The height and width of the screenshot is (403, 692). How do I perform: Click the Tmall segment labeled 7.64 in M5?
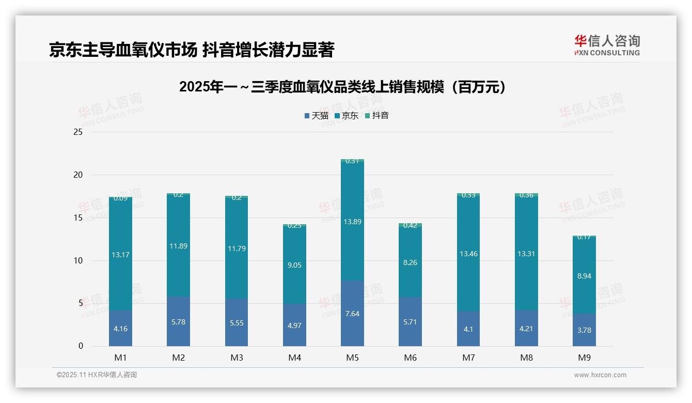pyautogui.click(x=352, y=314)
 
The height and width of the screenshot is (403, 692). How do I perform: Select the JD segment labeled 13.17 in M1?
pyautogui.click(x=120, y=254)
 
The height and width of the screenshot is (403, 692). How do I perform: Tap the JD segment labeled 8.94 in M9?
pyautogui.click(x=584, y=275)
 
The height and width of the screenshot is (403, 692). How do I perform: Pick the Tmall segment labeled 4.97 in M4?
pyautogui.click(x=294, y=325)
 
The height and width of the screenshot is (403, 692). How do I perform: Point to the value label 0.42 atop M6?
pyautogui.click(x=410, y=225)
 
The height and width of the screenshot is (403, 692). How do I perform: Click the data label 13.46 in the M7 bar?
pyautogui.click(x=468, y=253)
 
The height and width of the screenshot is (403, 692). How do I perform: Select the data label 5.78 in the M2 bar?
pyautogui.click(x=178, y=322)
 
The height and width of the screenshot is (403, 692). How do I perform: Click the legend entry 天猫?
pyautogui.click(x=316, y=116)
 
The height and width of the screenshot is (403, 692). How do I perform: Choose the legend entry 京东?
pyautogui.click(x=347, y=116)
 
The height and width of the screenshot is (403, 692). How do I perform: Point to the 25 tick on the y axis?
pyautogui.click(x=78, y=132)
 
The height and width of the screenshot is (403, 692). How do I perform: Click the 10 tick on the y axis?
pyautogui.click(x=78, y=260)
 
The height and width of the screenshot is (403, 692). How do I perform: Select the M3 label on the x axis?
pyautogui.click(x=237, y=358)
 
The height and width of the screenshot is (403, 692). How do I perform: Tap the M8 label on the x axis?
pyautogui.click(x=526, y=358)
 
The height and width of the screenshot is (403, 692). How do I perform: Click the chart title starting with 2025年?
pyautogui.click(x=342, y=87)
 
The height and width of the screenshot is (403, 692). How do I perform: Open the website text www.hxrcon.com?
pyautogui.click(x=600, y=375)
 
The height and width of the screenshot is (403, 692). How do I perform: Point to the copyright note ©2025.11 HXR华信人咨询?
pyautogui.click(x=97, y=375)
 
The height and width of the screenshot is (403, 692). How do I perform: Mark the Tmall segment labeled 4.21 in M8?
pyautogui.click(x=526, y=328)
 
